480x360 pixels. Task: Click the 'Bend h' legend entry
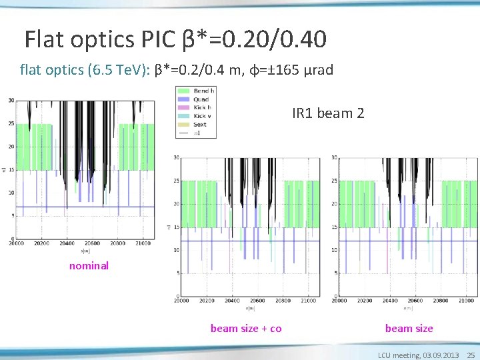(x=203, y=91)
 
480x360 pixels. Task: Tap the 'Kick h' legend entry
(x=201, y=107)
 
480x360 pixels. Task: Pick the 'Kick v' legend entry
(x=201, y=116)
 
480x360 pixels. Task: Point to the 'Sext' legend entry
(x=199, y=124)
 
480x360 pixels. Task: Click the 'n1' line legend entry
(x=197, y=133)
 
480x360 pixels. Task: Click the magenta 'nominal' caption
(x=89, y=266)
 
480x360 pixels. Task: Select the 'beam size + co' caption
(x=246, y=328)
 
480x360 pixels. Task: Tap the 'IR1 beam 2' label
(x=328, y=113)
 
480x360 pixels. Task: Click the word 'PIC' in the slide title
(x=157, y=40)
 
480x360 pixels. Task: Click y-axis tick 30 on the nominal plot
(x=11, y=101)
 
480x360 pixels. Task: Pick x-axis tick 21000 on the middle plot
(x=307, y=301)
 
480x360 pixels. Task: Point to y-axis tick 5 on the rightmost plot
(x=335, y=273)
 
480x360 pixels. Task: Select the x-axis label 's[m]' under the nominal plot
(x=85, y=251)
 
